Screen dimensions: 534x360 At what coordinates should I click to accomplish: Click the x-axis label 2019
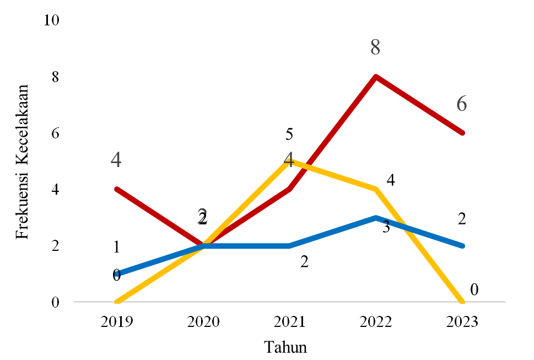[116, 321]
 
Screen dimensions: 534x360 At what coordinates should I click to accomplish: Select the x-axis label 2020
[203, 321]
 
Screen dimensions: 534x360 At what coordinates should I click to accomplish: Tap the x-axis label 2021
[289, 321]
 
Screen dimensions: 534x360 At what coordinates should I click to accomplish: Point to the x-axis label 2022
[376, 321]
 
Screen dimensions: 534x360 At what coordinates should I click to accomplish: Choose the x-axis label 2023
[462, 321]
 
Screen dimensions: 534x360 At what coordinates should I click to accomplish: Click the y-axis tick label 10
[51, 20]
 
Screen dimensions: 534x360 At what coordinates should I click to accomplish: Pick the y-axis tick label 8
[55, 77]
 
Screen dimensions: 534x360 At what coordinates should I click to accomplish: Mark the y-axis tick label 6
[55, 133]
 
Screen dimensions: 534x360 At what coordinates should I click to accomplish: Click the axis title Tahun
[285, 347]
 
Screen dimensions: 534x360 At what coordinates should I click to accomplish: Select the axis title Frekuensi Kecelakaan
[23, 162]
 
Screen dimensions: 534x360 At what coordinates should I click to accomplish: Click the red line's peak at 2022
[376, 76]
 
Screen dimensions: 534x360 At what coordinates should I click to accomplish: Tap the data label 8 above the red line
[375, 47]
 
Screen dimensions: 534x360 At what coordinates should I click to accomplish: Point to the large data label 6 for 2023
[461, 104]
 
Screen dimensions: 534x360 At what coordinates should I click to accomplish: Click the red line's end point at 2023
[462, 133]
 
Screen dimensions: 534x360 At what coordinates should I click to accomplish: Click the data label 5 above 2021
[289, 134]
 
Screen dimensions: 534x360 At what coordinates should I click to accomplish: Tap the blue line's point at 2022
[376, 218]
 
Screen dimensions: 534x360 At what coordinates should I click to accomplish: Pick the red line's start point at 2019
[117, 189]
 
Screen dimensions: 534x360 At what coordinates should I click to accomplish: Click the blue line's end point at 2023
[462, 246]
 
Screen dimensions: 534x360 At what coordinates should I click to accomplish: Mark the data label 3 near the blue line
[386, 227]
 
